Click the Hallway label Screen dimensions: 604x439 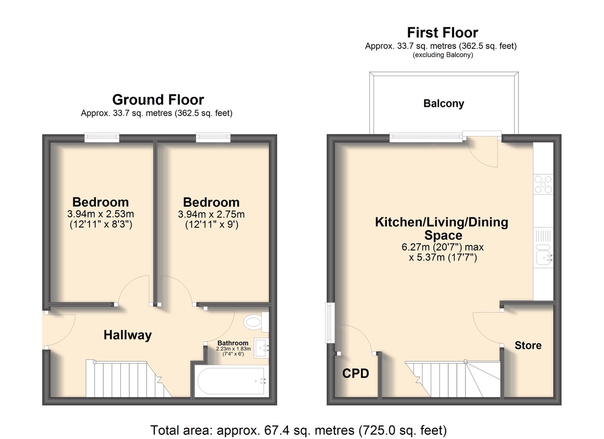click(127, 336)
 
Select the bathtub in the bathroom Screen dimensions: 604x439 click(231, 381)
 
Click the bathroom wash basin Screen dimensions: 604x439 click(261, 348)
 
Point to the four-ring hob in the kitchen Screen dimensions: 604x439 click(543, 184)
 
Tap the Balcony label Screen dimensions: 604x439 click(444, 103)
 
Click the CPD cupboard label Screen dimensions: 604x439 click(355, 373)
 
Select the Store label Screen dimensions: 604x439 click(528, 346)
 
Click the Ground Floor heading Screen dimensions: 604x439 click(158, 99)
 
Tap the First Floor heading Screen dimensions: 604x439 click(443, 33)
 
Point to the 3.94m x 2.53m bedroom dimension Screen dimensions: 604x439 click(101, 214)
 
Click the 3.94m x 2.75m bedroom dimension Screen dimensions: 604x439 click(211, 215)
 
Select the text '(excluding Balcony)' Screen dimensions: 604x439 click(443, 55)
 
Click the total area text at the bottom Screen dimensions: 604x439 click(299, 430)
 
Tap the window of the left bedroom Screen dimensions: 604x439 click(101, 137)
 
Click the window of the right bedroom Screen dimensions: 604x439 click(213, 137)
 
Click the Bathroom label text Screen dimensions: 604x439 click(233, 343)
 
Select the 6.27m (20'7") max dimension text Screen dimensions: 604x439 click(443, 247)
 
